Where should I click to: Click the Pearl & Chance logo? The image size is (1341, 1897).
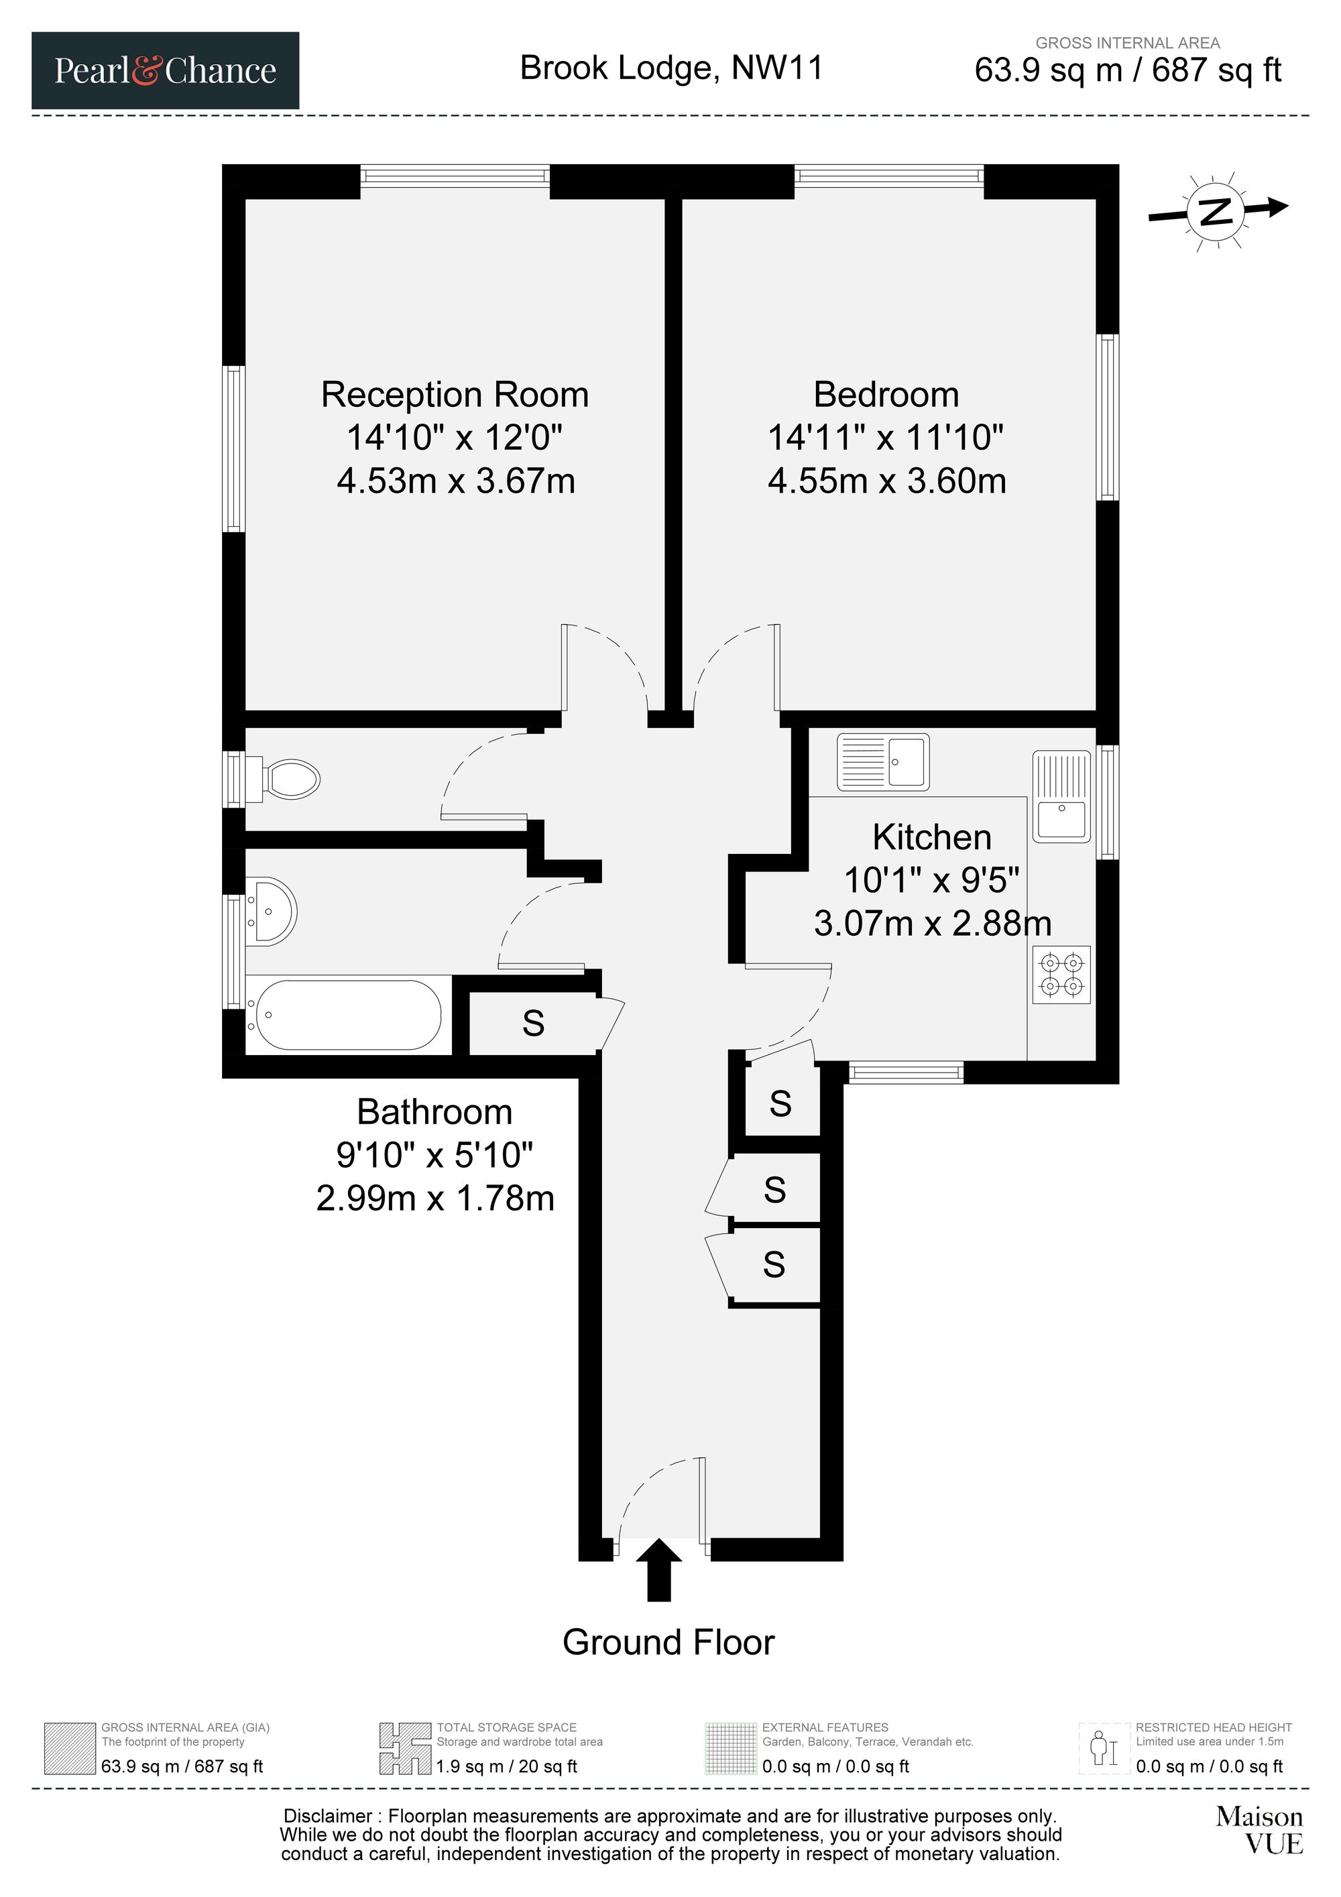tap(165, 70)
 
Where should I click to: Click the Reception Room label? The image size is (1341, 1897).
tap(455, 394)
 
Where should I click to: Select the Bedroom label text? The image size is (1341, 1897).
tap(886, 394)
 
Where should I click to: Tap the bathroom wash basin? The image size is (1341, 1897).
tap(271, 912)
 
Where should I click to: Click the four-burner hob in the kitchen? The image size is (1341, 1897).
tap(1061, 975)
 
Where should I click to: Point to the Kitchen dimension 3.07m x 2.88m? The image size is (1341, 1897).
tap(932, 923)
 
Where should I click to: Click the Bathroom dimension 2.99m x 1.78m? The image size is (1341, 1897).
tap(434, 1197)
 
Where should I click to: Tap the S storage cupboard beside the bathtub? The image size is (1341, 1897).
tap(534, 1023)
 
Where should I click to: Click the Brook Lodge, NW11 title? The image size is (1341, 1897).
tap(672, 68)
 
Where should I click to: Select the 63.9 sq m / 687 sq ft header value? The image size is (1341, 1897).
tap(1128, 70)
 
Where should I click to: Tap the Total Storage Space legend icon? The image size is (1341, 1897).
tap(406, 1748)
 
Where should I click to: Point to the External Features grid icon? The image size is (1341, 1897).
tap(730, 1748)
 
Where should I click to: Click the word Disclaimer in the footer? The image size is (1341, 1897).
tap(328, 1816)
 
